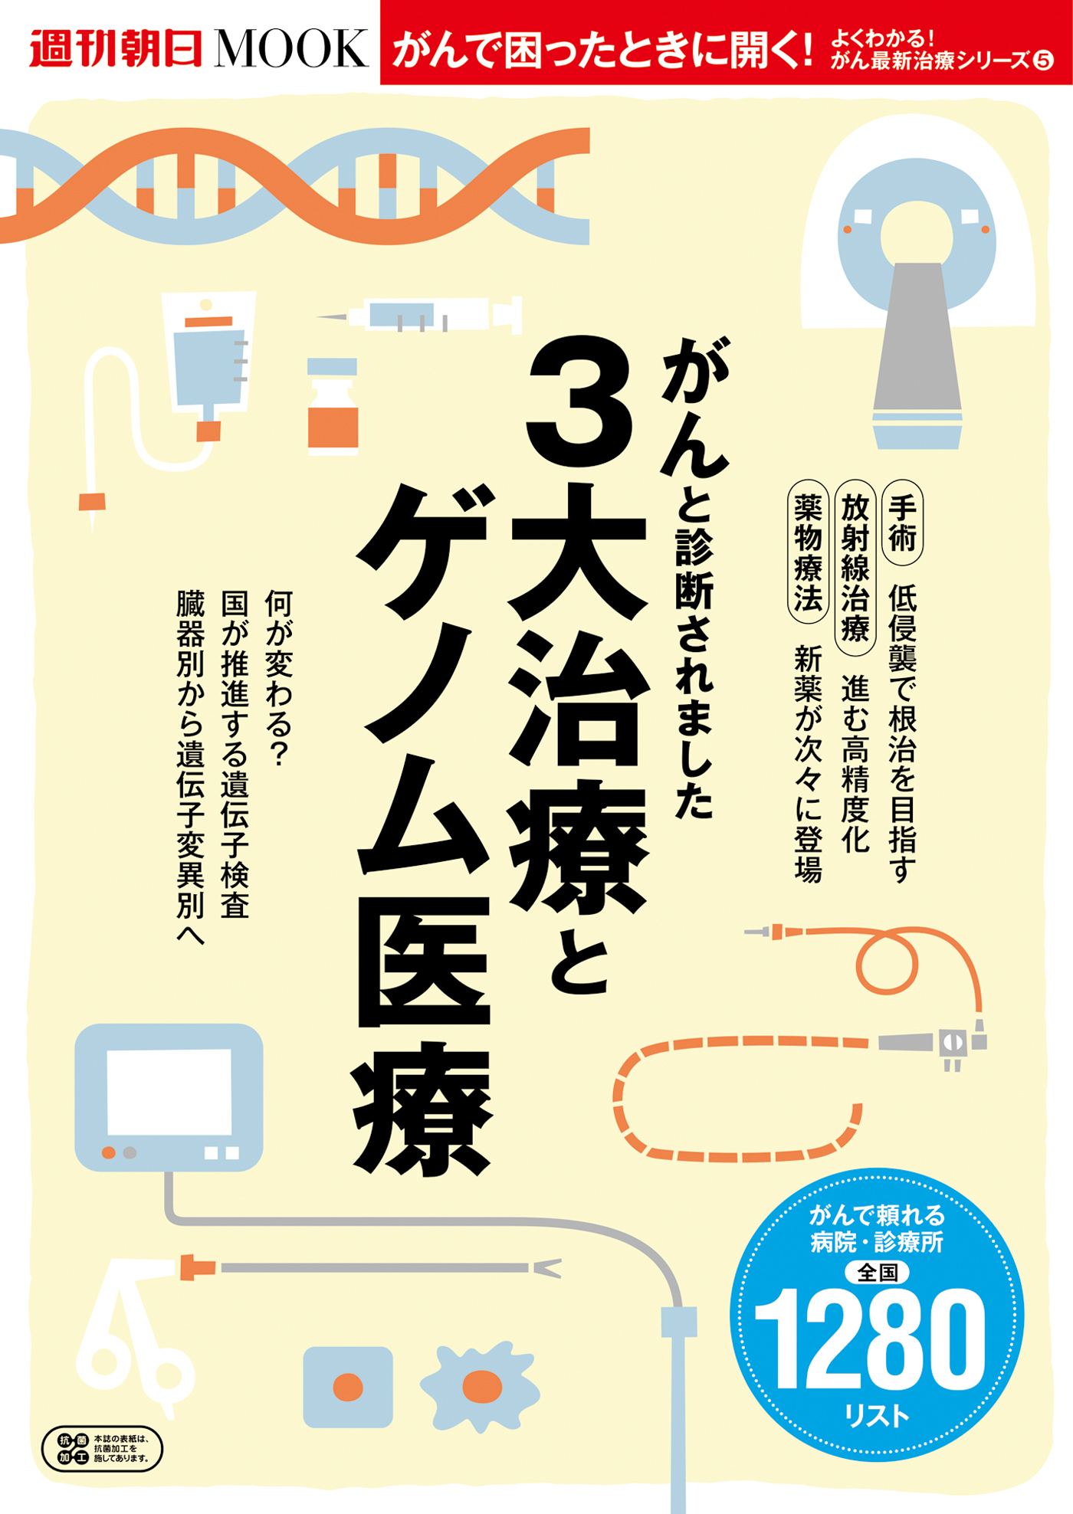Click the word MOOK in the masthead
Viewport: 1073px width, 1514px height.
point(292,49)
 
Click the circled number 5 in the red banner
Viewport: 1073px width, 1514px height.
point(1044,61)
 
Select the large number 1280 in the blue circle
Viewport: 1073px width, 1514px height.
point(871,1339)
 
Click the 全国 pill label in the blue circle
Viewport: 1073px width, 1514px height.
point(877,1272)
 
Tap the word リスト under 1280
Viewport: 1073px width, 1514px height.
point(877,1414)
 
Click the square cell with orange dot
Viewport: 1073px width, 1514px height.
point(348,1387)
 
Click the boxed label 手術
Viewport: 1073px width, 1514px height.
point(903,523)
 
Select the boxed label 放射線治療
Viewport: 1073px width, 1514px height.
point(855,567)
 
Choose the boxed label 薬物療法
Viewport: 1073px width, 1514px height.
point(808,552)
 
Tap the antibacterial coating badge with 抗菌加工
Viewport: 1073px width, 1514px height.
point(102,1448)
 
